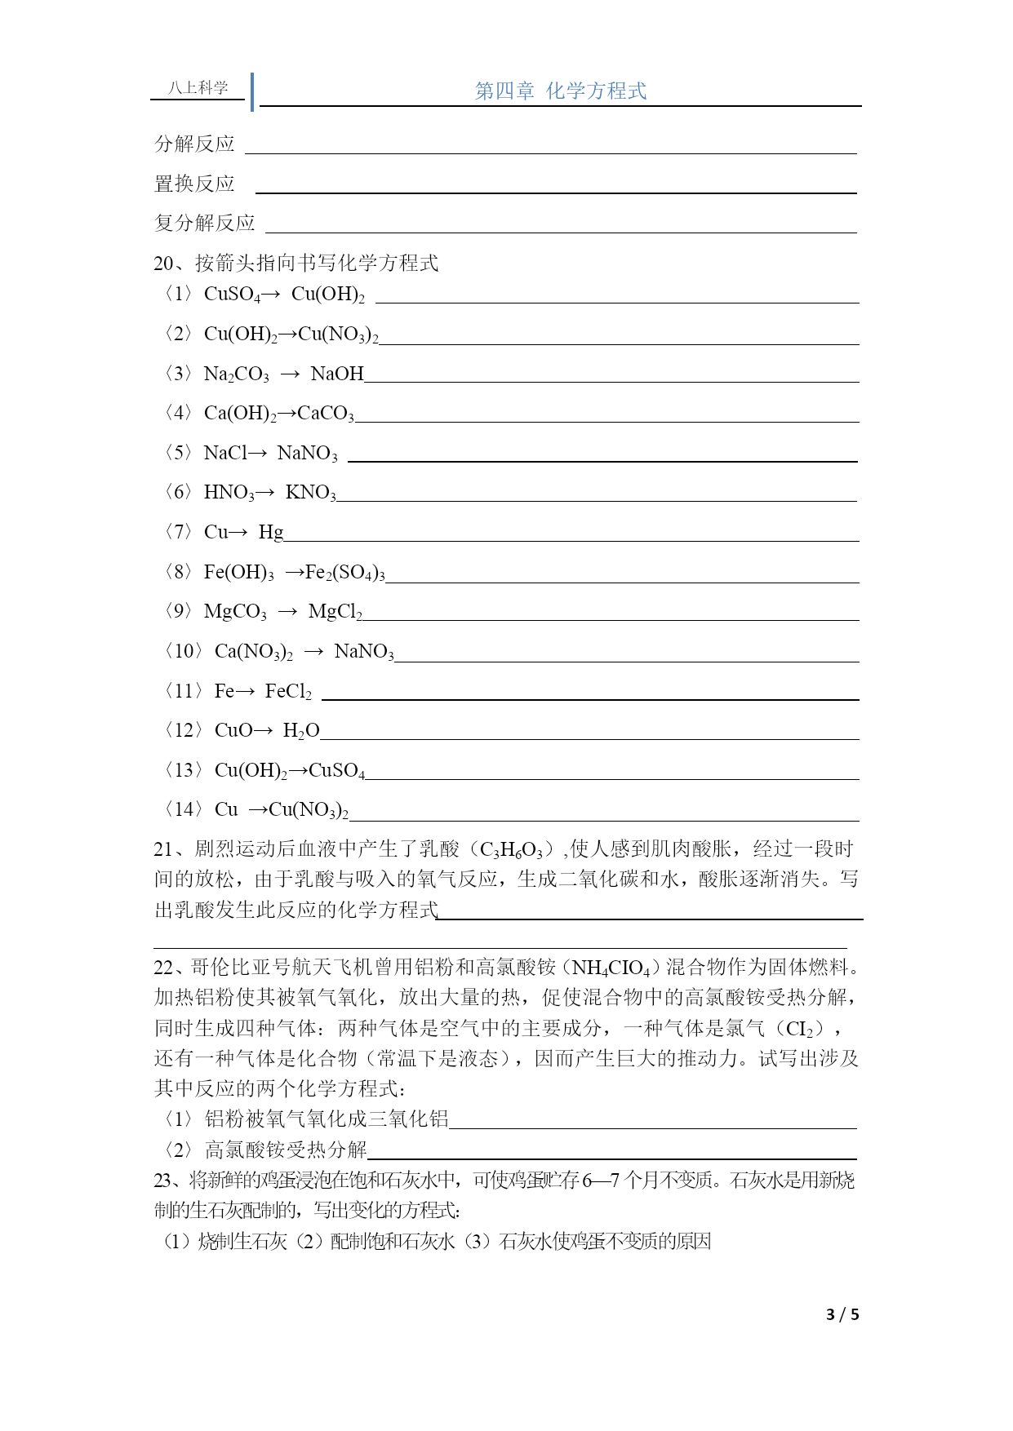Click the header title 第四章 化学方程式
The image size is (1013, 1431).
[561, 91]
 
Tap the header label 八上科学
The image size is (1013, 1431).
[198, 87]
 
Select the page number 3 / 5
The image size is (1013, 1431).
[842, 1314]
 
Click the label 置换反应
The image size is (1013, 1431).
[194, 184]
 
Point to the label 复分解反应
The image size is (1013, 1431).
[204, 223]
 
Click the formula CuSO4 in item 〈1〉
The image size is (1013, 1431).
[232, 294]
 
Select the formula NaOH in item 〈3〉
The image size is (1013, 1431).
[337, 374]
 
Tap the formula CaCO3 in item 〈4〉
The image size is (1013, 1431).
[326, 414]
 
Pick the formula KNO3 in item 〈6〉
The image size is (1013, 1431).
[310, 492]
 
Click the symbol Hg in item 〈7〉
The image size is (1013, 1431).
[271, 532]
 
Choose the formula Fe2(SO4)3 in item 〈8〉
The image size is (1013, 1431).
[344, 572]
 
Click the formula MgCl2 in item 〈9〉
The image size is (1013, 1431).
[335, 612]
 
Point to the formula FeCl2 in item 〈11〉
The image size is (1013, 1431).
[288, 691]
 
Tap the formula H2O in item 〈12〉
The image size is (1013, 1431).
[300, 730]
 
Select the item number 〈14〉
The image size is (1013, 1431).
[184, 809]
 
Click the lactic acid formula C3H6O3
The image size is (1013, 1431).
[512, 850]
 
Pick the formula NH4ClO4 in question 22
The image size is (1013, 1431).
[611, 968]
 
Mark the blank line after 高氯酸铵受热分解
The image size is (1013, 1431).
[612, 1158]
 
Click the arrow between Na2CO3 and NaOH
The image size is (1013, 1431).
[290, 374]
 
